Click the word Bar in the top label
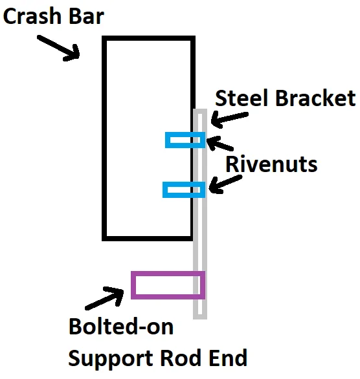tap(86, 16)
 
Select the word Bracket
tap(315, 98)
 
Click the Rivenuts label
tap(271, 164)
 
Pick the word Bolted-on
tap(121, 327)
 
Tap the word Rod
tap(182, 358)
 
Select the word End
tap(228, 358)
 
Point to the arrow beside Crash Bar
tap(58, 48)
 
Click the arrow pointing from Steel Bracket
tap(229, 118)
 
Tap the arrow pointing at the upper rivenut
tap(219, 143)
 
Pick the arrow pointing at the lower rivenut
tap(225, 184)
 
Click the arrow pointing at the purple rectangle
tap(104, 298)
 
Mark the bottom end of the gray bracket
tap(200, 319)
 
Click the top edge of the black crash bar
tap(148, 38)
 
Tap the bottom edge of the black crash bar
tap(148, 238)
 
